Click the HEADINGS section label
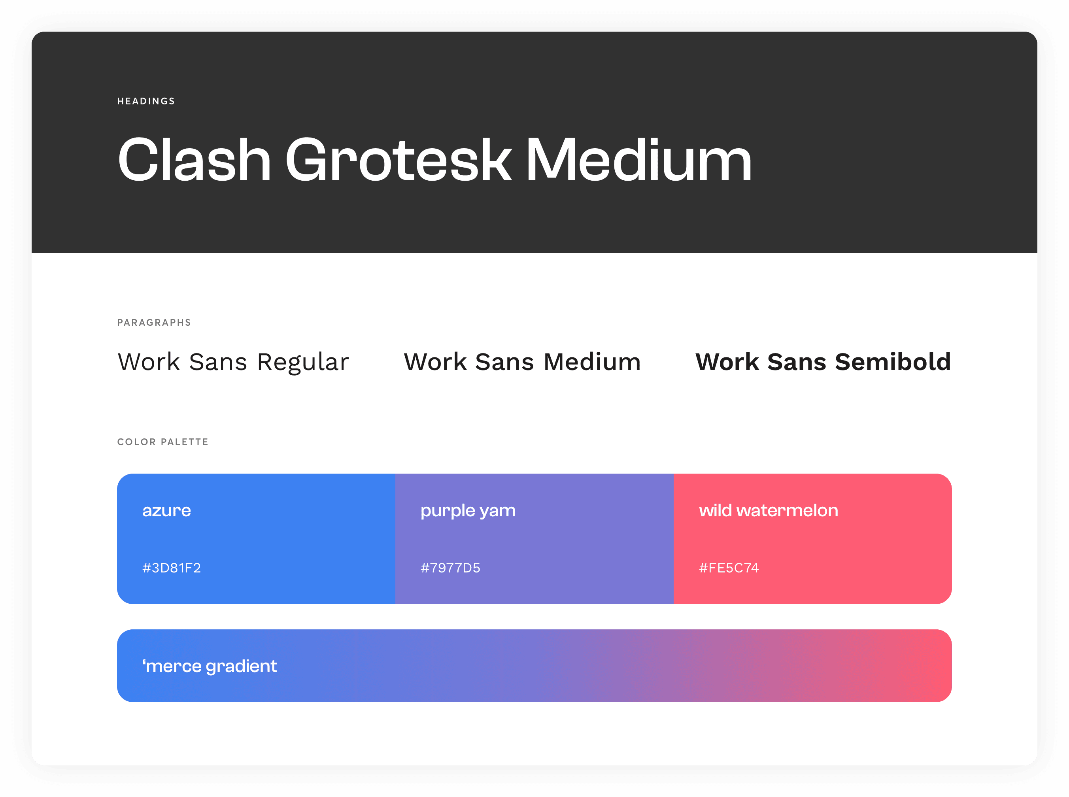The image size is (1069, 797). [x=146, y=101]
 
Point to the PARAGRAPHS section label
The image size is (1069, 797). [x=154, y=323]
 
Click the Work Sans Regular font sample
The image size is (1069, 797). [x=233, y=362]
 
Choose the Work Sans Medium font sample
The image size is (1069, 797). [x=522, y=362]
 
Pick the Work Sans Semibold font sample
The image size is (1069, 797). [x=823, y=362]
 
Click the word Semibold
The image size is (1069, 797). [x=893, y=362]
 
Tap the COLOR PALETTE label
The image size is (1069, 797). [x=162, y=442]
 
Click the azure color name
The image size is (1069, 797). [x=166, y=511]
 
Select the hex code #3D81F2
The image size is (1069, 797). [x=171, y=568]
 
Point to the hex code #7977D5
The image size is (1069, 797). [x=450, y=568]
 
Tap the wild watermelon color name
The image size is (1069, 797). [x=769, y=510]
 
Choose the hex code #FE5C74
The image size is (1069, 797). [x=729, y=568]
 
